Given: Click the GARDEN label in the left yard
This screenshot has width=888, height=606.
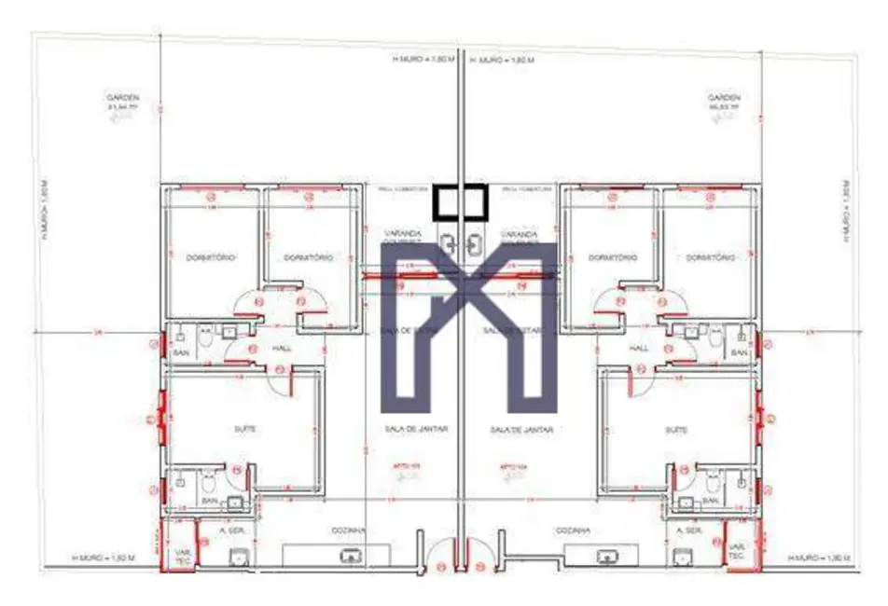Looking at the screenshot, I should (x=122, y=97).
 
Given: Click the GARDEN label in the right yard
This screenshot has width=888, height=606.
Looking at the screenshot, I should (x=723, y=97).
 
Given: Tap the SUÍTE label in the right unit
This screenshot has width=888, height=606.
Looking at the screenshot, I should (x=676, y=430).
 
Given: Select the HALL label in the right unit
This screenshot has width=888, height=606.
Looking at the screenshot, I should (x=639, y=347).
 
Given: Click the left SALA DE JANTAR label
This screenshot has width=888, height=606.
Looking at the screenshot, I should (x=416, y=430).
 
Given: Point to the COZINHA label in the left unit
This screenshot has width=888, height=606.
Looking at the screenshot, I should (x=348, y=530).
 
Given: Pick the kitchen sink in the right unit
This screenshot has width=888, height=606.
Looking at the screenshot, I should (x=607, y=557).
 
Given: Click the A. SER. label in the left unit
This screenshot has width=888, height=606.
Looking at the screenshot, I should (x=229, y=530).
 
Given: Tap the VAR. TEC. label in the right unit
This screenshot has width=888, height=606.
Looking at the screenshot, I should (x=737, y=551).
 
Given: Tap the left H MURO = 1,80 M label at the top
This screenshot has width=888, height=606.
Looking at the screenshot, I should (x=422, y=59).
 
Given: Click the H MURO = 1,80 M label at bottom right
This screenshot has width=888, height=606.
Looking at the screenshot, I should (x=818, y=558).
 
